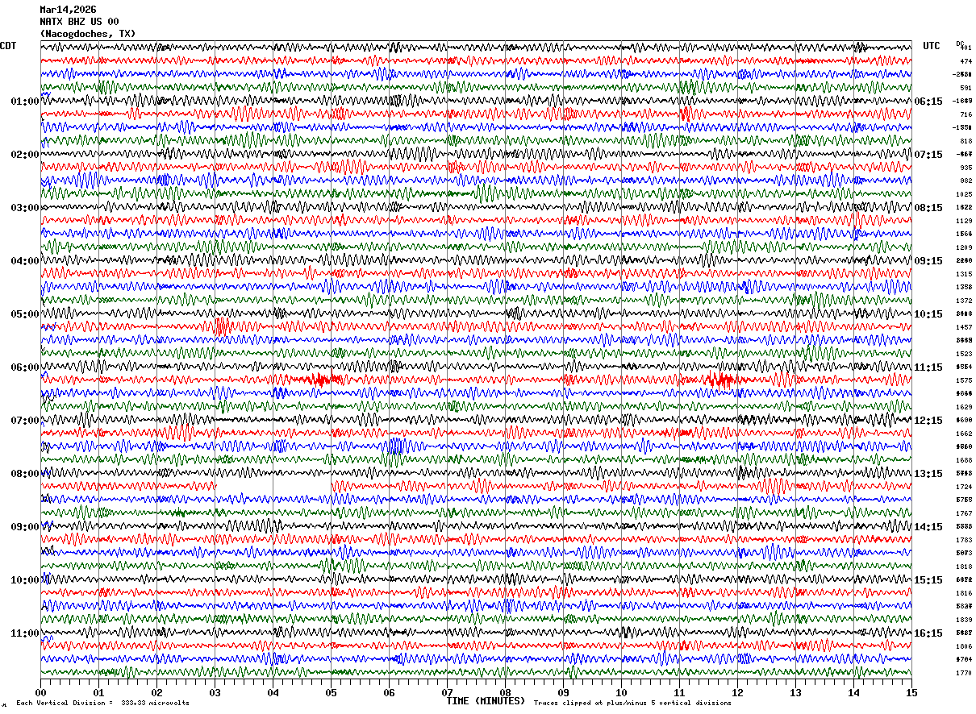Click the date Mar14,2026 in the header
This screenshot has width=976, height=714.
point(68,10)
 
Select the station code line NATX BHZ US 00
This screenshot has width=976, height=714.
point(79,22)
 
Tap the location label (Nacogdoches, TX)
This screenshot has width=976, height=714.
point(87,34)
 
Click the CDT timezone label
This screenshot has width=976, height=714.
point(8,46)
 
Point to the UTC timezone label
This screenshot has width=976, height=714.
point(932,46)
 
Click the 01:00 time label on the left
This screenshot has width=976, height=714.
point(24,102)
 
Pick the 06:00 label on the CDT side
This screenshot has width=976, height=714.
point(24,367)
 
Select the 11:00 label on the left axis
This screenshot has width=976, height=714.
point(24,633)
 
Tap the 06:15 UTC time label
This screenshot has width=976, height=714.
point(928,102)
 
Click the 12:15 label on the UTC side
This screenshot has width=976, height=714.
point(928,421)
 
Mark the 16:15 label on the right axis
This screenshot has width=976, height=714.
point(928,633)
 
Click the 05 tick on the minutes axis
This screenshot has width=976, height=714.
point(331,692)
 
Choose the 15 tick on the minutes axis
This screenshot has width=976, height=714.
point(911,692)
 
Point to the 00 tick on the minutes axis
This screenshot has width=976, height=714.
point(40,692)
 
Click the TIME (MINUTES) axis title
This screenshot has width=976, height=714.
point(486,701)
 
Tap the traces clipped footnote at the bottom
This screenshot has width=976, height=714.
point(632,704)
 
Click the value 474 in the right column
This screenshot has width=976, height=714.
point(966,61)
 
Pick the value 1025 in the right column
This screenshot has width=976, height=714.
point(965,194)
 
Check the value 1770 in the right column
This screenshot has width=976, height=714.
point(965,673)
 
